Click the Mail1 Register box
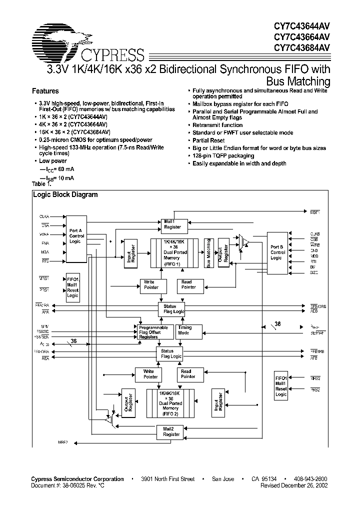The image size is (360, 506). (x=173, y=224)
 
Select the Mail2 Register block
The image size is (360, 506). (x=171, y=431)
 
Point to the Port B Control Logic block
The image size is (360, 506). (x=277, y=252)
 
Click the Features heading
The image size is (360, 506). (x=45, y=91)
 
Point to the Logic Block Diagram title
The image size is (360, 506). (x=65, y=195)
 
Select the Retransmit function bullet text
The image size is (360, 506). (x=217, y=125)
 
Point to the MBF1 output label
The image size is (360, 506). (x=314, y=212)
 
